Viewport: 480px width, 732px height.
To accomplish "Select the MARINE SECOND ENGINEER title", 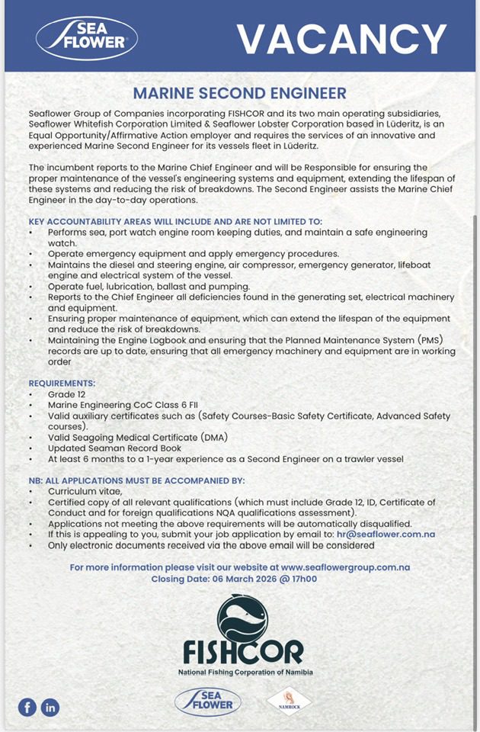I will (239, 94).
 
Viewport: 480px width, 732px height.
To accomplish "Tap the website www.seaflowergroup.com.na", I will (345, 567).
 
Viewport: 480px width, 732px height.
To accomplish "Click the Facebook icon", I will (27, 707).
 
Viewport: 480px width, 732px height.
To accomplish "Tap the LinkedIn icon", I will (50, 707).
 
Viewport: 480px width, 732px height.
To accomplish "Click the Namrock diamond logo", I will (289, 701).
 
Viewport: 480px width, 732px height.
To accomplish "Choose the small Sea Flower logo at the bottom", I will (208, 701).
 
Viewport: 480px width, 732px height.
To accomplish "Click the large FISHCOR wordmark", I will (243, 653).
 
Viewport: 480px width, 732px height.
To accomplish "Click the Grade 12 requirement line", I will (67, 394).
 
